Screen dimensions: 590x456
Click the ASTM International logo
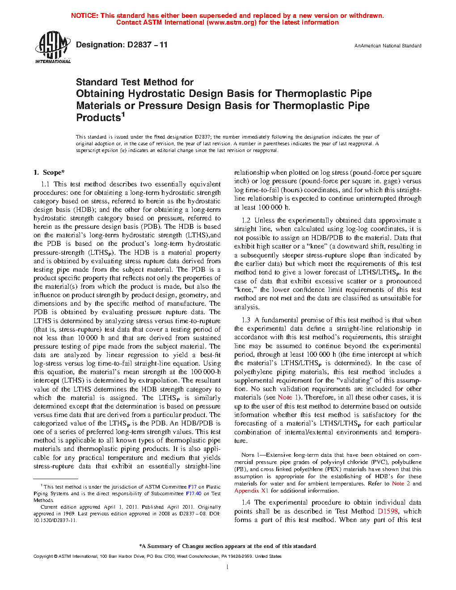[x=52, y=47]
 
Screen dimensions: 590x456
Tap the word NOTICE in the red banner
[x=84, y=16]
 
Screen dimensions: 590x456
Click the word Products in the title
[x=98, y=118]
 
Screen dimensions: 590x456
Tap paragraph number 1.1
[x=45, y=184]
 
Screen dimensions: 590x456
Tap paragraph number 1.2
[x=246, y=220]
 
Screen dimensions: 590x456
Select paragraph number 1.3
[x=246, y=320]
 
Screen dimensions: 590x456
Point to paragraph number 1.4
[x=246, y=502]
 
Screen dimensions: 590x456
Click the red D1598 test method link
[x=388, y=511]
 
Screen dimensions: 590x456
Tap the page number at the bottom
[x=228, y=567]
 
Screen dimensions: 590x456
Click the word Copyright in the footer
[x=43, y=556]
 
